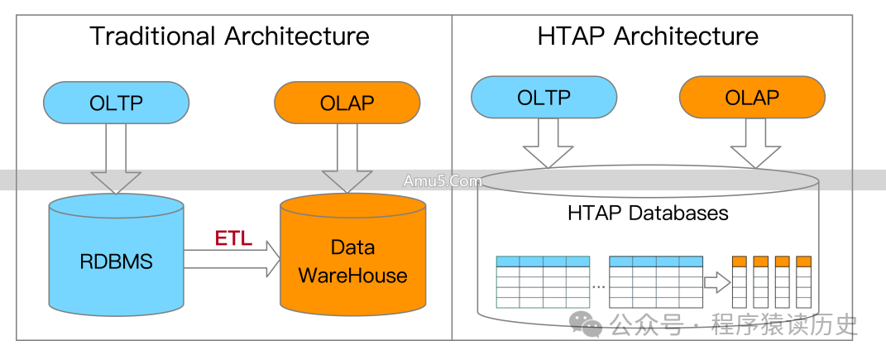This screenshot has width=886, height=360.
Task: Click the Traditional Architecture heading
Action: [229, 36]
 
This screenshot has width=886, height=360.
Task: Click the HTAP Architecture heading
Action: [647, 36]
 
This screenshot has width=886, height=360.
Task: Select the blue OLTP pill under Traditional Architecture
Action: [116, 103]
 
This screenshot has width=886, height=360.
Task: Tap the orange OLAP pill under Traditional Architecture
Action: [347, 103]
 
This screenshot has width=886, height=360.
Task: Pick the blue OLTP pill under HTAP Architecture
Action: [544, 98]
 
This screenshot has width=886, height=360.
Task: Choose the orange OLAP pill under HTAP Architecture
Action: [751, 98]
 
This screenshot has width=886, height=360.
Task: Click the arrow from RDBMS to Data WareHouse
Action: [232, 261]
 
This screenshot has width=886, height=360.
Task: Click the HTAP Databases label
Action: [648, 213]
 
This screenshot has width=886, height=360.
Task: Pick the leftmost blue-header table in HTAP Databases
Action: [542, 281]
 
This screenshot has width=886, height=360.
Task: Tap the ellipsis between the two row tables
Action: [599, 285]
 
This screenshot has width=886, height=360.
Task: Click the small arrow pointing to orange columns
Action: [716, 283]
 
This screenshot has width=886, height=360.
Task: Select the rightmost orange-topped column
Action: [803, 281]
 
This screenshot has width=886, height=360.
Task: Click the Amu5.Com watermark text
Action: [443, 181]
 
